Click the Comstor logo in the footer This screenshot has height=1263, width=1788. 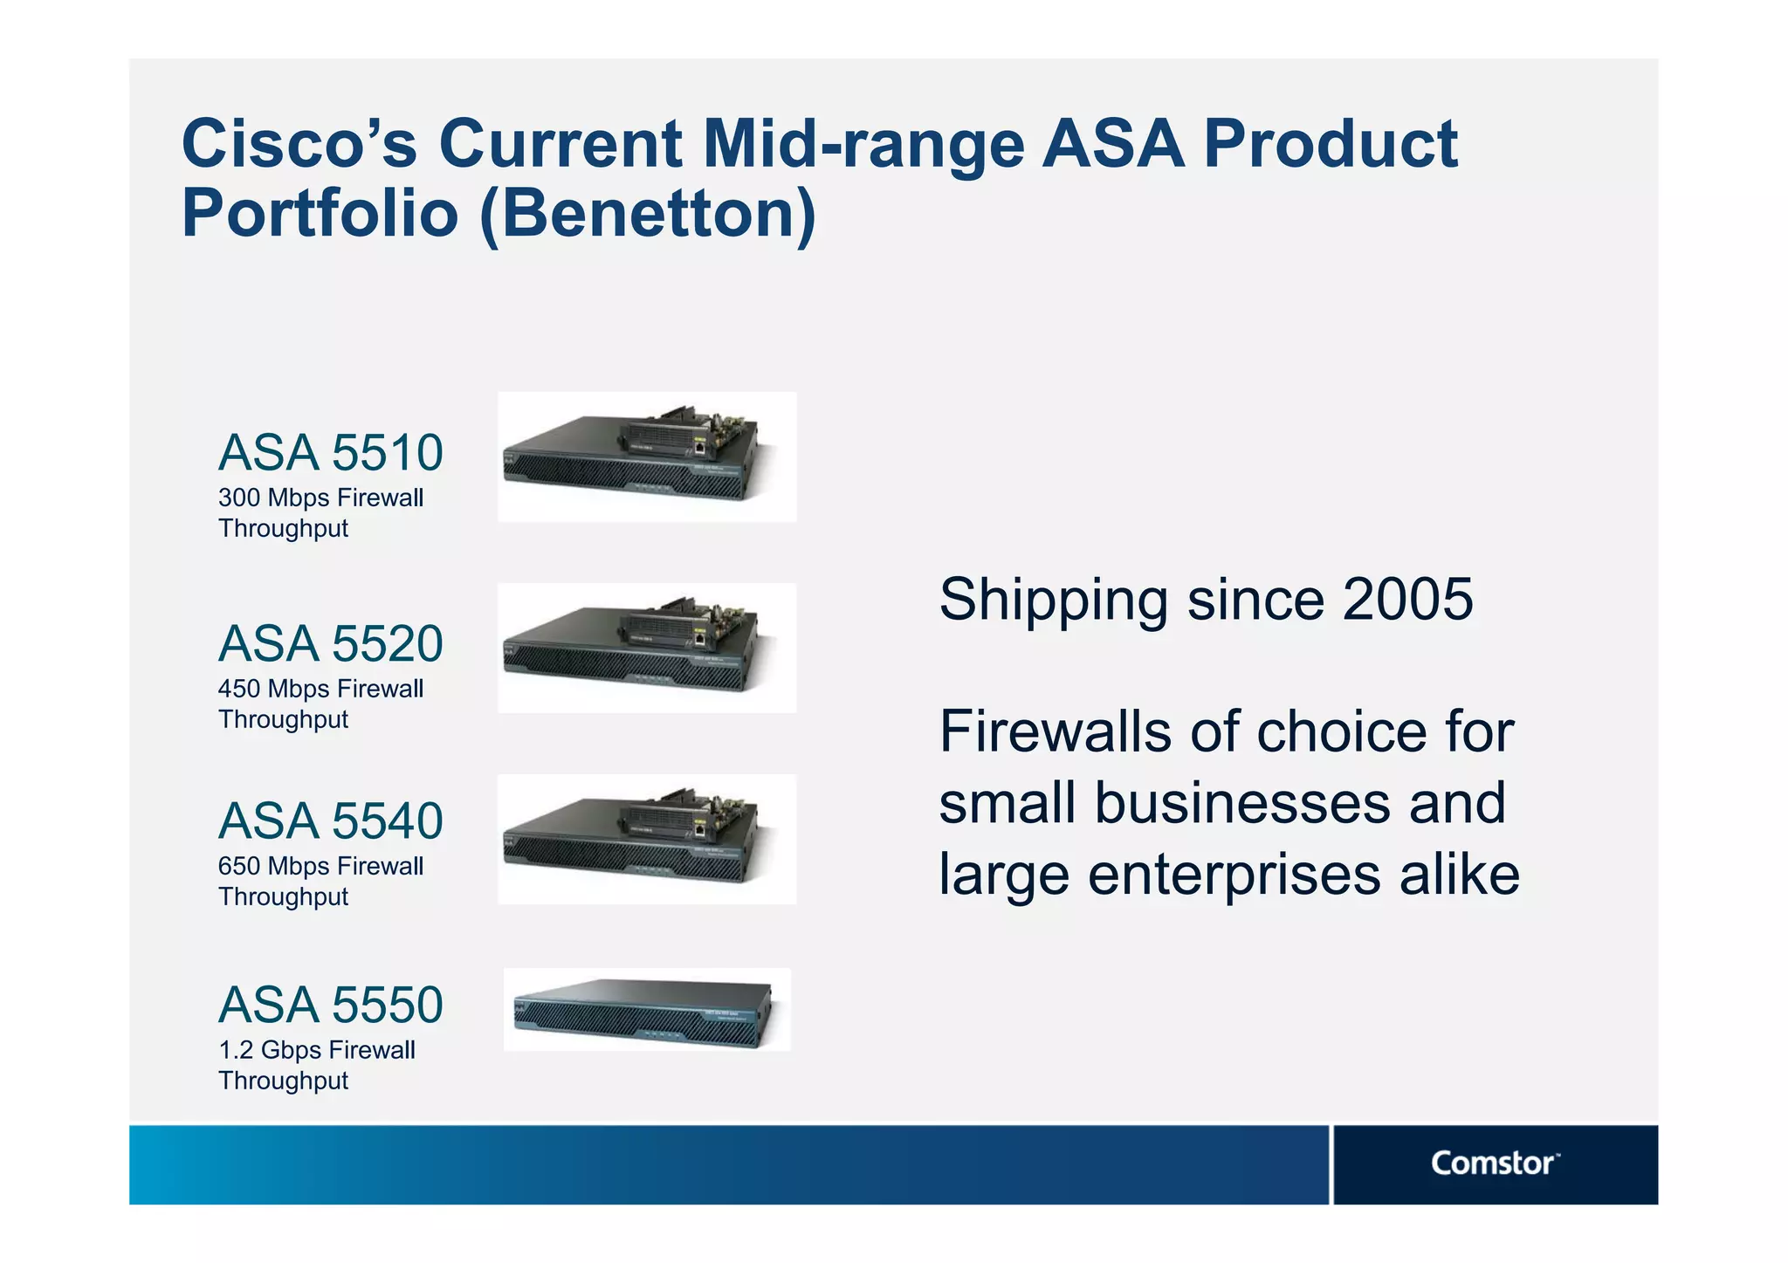(x=1494, y=1163)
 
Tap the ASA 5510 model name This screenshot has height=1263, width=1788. (x=330, y=453)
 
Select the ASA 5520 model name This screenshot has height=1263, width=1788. (x=330, y=644)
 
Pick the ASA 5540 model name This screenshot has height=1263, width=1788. (x=330, y=821)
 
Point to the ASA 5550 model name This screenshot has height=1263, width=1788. (x=330, y=1006)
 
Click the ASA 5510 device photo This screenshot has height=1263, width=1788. (x=647, y=457)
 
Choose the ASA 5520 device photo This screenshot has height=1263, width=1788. (x=647, y=649)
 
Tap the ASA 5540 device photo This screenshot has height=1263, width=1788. (x=647, y=839)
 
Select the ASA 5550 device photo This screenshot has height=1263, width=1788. (x=647, y=1010)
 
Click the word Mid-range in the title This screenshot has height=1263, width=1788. (x=863, y=144)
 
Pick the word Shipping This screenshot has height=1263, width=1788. (x=1053, y=601)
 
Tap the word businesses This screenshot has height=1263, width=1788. (x=1243, y=803)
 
